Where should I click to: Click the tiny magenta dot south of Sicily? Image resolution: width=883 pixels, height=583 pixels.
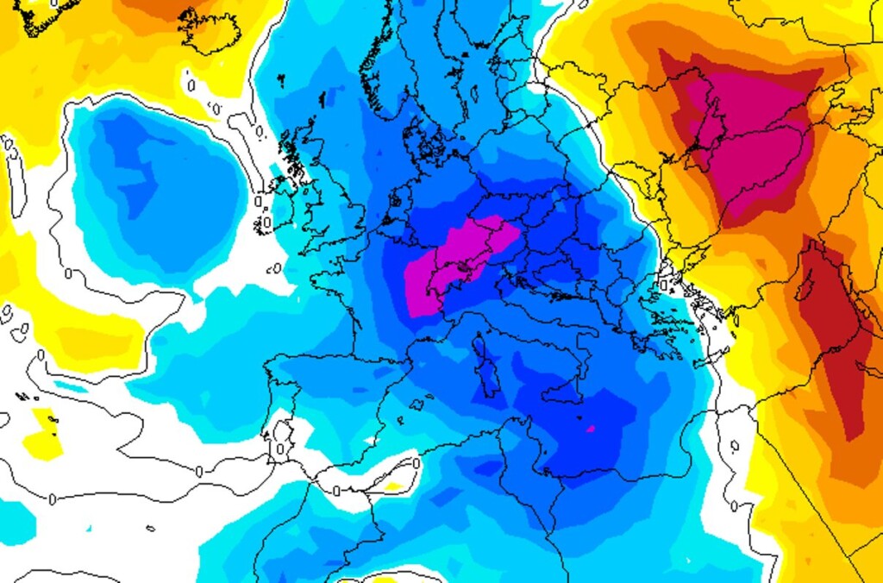[x=591, y=428]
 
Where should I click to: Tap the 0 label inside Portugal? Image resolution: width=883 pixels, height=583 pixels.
[x=280, y=448]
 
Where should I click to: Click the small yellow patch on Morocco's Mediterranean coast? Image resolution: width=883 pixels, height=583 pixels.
[x=392, y=486]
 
